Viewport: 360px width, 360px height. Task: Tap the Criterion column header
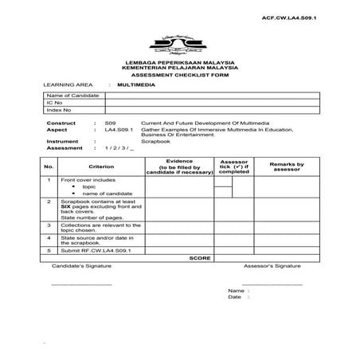click(101, 166)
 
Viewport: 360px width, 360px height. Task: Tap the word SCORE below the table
click(200, 258)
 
